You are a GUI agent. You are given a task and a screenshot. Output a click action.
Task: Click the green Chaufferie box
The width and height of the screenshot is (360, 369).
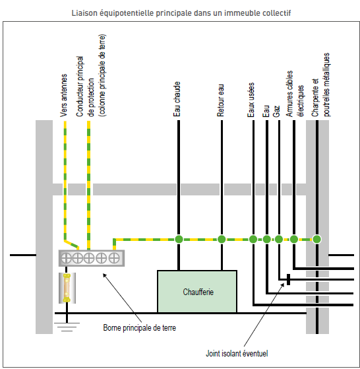pyautogui.click(x=197, y=292)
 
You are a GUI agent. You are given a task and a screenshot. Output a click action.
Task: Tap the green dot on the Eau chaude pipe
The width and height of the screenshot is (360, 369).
pyautogui.click(x=179, y=240)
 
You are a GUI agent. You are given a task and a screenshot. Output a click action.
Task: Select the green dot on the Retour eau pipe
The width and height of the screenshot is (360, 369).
pyautogui.click(x=222, y=240)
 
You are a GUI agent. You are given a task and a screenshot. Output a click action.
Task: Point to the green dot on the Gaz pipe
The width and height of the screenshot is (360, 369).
pyautogui.click(x=279, y=240)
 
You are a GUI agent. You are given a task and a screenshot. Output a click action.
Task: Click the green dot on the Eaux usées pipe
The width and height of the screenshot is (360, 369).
pyautogui.click(x=253, y=240)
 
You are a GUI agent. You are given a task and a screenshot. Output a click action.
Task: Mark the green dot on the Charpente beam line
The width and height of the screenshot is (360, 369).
pyautogui.click(x=316, y=240)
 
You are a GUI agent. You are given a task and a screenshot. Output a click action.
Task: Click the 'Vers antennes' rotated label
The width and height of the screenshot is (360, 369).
pyautogui.click(x=64, y=96)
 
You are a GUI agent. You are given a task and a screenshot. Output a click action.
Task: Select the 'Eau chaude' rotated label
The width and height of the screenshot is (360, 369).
pyautogui.click(x=177, y=99)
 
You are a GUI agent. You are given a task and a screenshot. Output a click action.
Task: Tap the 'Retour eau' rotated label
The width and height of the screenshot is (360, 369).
pyautogui.click(x=221, y=100)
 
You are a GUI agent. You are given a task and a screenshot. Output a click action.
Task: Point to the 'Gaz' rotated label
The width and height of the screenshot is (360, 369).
pyautogui.click(x=276, y=111)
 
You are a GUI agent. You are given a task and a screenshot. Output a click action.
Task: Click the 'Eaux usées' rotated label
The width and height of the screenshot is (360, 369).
pyautogui.click(x=251, y=100)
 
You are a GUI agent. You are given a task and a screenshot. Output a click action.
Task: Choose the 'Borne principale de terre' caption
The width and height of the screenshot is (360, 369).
pyautogui.click(x=140, y=328)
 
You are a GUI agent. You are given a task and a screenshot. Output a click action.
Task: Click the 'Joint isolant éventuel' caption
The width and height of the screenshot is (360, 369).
pyautogui.click(x=237, y=353)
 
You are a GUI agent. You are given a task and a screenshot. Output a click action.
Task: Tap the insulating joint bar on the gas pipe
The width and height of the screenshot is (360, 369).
pyautogui.click(x=288, y=280)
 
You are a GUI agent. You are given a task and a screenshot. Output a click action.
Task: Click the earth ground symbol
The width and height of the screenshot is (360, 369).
pyautogui.click(x=67, y=327)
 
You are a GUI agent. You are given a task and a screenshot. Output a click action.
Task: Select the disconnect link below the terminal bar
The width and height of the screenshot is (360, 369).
pyautogui.click(x=67, y=288)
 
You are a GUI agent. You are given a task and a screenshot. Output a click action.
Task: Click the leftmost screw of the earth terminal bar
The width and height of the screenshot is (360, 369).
pyautogui.click(x=66, y=258)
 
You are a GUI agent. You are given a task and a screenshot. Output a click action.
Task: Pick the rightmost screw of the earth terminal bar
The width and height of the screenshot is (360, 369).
pyautogui.click(x=114, y=258)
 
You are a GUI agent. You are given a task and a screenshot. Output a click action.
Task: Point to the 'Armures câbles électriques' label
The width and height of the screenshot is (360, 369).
pyautogui.click(x=295, y=94)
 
